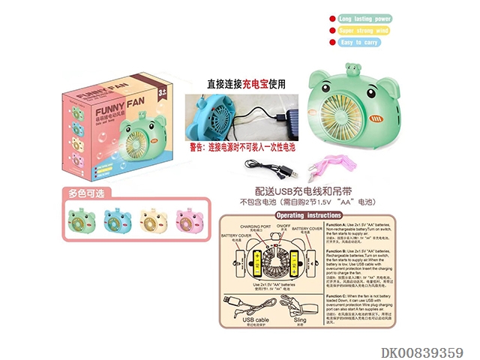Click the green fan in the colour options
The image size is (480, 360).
tap(82, 222)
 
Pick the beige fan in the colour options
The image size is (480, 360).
tap(154, 222)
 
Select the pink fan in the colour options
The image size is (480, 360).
tap(190, 222)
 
